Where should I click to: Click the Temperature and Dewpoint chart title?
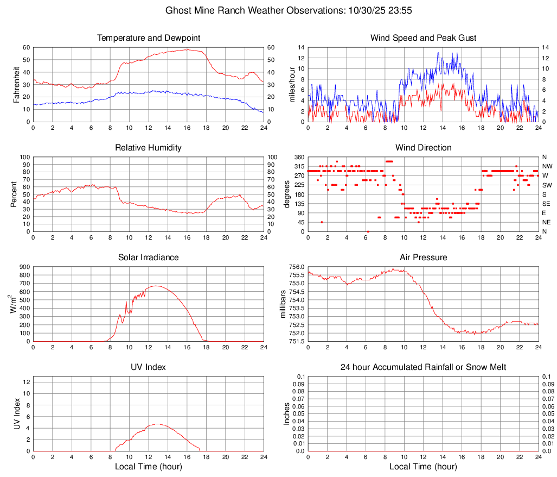tap(148, 38)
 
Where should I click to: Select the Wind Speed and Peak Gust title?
tap(423, 38)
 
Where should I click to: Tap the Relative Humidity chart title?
tap(148, 148)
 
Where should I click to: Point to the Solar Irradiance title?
tap(148, 258)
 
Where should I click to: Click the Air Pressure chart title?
tap(423, 258)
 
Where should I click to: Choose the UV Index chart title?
tap(148, 367)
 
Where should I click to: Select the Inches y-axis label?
tap(287, 413)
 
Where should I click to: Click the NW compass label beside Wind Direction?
tap(547, 166)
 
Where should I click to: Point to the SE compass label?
tap(547, 204)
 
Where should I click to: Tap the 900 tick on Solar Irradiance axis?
tap(24, 267)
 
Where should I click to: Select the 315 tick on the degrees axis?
tap(297, 166)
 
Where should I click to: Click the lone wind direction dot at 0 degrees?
tap(368, 231)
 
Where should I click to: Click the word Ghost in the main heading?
tap(178, 10)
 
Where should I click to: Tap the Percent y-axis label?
tap(14, 194)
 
